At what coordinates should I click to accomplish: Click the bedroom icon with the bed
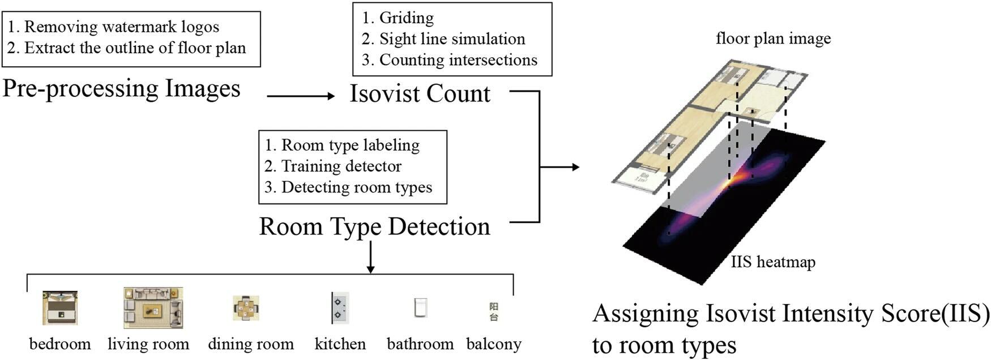click(x=59, y=307)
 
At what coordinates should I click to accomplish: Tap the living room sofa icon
click(x=153, y=308)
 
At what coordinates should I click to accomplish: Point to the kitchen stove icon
click(x=340, y=308)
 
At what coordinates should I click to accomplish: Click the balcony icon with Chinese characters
click(x=494, y=311)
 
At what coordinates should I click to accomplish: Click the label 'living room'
click(x=148, y=344)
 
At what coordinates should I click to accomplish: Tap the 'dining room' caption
click(x=251, y=344)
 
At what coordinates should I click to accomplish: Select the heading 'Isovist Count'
click(x=420, y=93)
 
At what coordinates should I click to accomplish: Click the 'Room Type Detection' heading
click(x=374, y=226)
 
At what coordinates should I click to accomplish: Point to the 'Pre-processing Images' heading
click(x=121, y=89)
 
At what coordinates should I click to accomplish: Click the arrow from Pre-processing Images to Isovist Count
click(x=301, y=96)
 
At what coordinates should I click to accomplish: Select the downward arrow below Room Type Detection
click(x=371, y=258)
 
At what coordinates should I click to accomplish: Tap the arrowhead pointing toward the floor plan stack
click(x=575, y=167)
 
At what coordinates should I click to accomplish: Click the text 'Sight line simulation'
click(x=452, y=38)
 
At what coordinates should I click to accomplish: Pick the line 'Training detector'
click(x=341, y=166)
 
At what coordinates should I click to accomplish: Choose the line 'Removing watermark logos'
click(x=121, y=27)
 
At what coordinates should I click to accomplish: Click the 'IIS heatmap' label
click(x=773, y=262)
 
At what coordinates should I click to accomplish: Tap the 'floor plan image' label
click(x=774, y=38)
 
